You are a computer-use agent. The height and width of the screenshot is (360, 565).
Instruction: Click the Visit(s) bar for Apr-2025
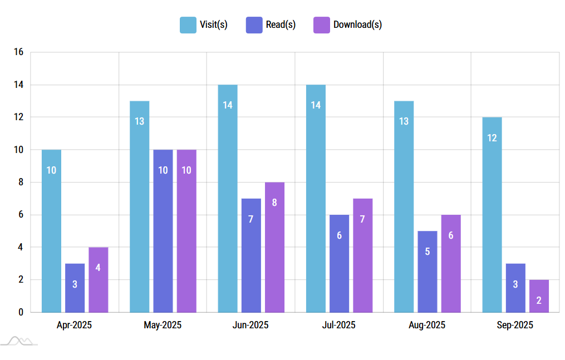tap(51, 231)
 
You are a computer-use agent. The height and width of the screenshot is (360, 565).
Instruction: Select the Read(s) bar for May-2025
tap(163, 231)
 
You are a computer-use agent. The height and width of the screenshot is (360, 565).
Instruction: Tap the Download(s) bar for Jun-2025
tap(274, 247)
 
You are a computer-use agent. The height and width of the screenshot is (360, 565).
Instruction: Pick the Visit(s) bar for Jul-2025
tap(316, 199)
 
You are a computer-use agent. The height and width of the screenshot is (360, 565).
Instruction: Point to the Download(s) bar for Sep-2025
tap(539, 295)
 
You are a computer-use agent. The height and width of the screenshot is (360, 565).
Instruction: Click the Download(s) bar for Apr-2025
tap(98, 279)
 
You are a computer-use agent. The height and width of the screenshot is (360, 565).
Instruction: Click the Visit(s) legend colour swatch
tap(188, 24)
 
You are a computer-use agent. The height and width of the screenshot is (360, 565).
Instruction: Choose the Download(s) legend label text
tap(357, 24)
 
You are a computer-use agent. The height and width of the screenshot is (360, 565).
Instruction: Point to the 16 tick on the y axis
tap(19, 52)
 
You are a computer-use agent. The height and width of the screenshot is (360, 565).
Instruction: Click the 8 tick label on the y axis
tap(21, 183)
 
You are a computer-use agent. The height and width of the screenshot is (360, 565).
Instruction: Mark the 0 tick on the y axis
tap(21, 312)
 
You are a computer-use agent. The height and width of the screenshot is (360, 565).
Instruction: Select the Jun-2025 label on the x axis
tap(250, 325)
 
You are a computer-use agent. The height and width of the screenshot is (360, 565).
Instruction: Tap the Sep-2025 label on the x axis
tap(515, 325)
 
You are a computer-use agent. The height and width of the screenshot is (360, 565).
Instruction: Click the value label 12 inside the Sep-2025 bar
tap(492, 138)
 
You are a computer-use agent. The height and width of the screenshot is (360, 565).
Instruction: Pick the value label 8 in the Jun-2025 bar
tap(274, 203)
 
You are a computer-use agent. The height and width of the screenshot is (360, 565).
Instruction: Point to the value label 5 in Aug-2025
tap(427, 251)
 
